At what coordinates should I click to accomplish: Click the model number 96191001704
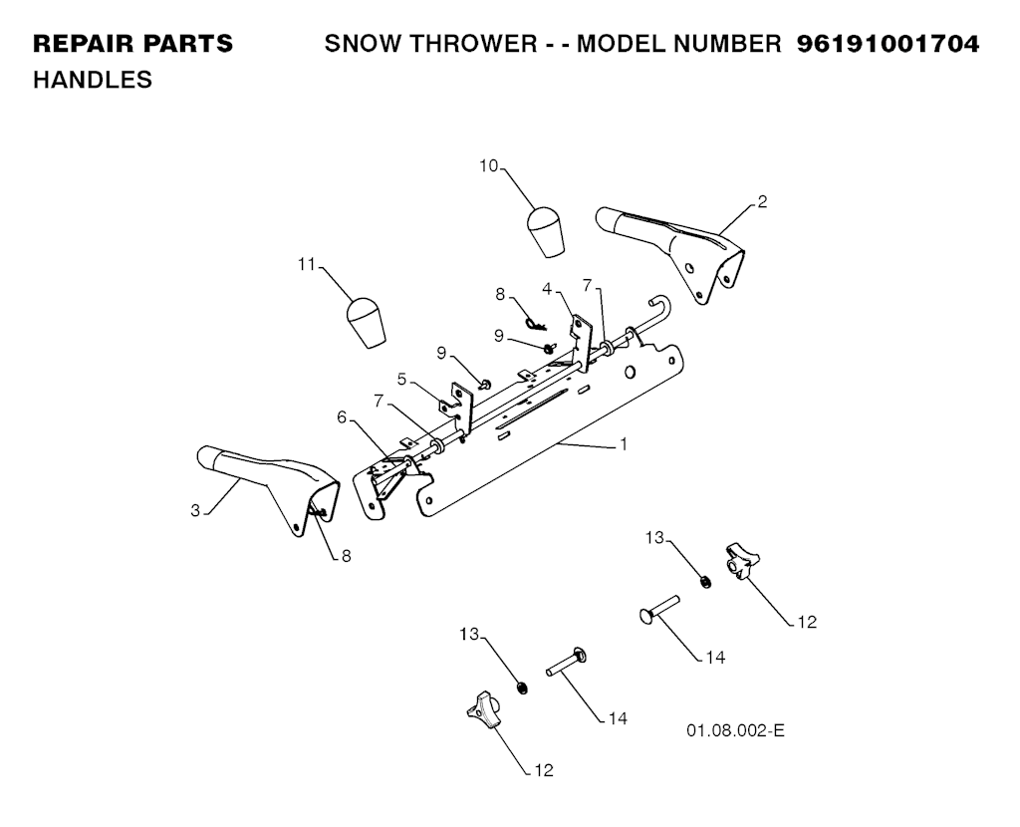coord(888,44)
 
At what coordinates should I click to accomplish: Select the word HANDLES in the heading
coord(93,80)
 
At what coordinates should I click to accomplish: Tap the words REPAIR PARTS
coord(132,44)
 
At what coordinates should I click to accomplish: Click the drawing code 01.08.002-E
coord(735,730)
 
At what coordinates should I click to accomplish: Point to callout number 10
coord(488,166)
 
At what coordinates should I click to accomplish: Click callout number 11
coord(307,264)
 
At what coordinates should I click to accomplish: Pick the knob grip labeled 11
coord(366,323)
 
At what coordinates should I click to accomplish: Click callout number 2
coord(762,201)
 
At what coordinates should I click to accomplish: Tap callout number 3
coord(195,511)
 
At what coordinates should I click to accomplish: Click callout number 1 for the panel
coord(624,444)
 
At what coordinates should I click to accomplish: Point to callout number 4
coord(547,288)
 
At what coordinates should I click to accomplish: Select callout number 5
coord(402,379)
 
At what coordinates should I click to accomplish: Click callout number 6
coord(343,416)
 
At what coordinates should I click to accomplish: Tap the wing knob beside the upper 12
coord(740,560)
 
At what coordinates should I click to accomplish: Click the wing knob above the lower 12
coord(483,709)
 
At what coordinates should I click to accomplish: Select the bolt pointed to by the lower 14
coord(566,663)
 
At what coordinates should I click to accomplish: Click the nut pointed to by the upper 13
coord(704,581)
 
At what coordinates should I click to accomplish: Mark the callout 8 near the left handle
coord(346,556)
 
